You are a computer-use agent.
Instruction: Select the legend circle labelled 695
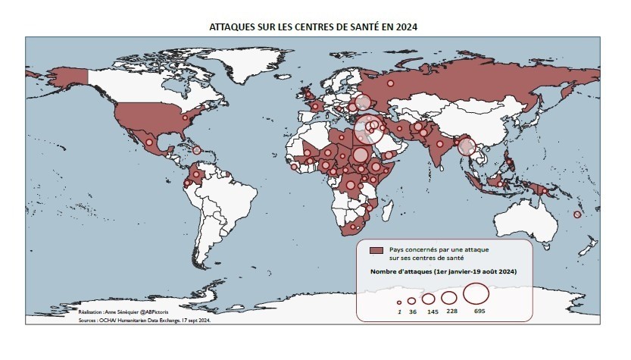pos(476,293)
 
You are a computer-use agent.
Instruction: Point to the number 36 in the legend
pos(412,311)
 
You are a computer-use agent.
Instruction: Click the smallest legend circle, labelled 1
pos(399,303)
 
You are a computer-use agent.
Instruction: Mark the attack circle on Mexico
pos(149,142)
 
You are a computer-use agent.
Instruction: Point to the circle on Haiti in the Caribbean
pos(197,150)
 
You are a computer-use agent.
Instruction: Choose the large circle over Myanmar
pos(467,146)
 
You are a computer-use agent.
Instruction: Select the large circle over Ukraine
pos(363,102)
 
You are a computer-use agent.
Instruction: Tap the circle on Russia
pos(391,83)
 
